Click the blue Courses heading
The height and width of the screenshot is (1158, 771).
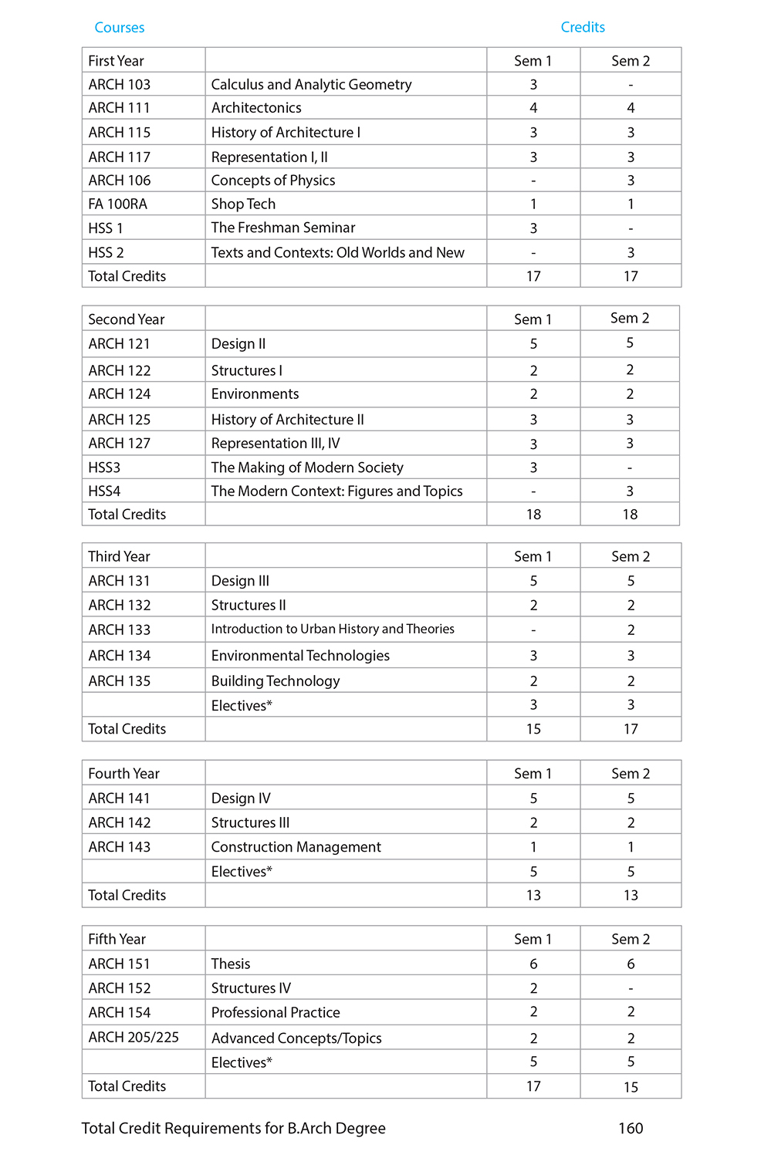click(119, 28)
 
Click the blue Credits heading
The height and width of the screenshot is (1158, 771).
click(583, 27)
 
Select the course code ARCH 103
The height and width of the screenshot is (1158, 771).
click(119, 84)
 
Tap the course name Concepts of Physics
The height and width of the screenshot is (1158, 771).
click(273, 181)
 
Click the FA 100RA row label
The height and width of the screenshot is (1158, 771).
click(117, 204)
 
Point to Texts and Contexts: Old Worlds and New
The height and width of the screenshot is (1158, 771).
click(337, 252)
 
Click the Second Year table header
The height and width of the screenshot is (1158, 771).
click(126, 319)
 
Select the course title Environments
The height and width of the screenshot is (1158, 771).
click(255, 394)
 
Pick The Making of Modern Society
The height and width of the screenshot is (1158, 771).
click(307, 468)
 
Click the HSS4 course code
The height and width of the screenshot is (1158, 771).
click(104, 491)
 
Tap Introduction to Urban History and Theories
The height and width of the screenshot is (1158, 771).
click(333, 629)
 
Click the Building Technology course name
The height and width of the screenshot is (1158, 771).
click(276, 681)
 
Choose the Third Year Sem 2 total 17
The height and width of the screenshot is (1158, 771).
click(631, 729)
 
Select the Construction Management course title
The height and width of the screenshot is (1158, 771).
click(296, 847)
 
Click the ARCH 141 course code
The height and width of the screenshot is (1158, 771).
click(119, 798)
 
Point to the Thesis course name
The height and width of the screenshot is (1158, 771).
click(231, 964)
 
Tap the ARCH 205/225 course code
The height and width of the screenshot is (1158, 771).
click(134, 1038)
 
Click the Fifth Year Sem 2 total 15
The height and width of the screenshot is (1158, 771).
click(631, 1087)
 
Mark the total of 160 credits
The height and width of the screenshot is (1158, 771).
click(631, 1129)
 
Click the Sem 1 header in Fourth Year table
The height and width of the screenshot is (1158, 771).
click(533, 774)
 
